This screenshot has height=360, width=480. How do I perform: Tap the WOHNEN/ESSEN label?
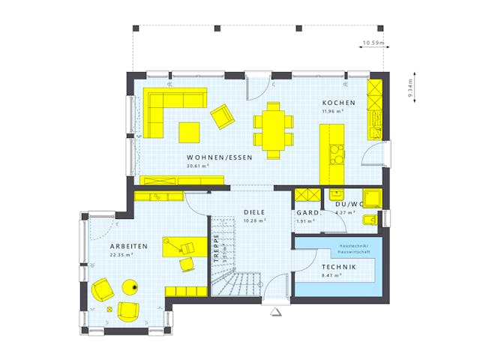[220, 157]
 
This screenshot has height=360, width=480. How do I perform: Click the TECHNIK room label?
[339, 268]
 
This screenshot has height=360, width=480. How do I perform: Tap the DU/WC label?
[349, 204]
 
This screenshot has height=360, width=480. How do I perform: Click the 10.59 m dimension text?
[372, 43]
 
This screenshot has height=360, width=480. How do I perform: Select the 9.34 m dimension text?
[412, 89]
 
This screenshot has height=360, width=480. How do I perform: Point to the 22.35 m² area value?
[121, 255]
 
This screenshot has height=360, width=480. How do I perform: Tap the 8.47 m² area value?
[331, 276]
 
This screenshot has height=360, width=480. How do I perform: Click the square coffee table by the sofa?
[189, 132]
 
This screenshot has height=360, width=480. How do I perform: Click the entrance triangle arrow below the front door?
[275, 310]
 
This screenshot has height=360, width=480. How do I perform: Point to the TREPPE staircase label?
[216, 247]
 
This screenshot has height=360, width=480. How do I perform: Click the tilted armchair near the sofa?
[222, 116]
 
